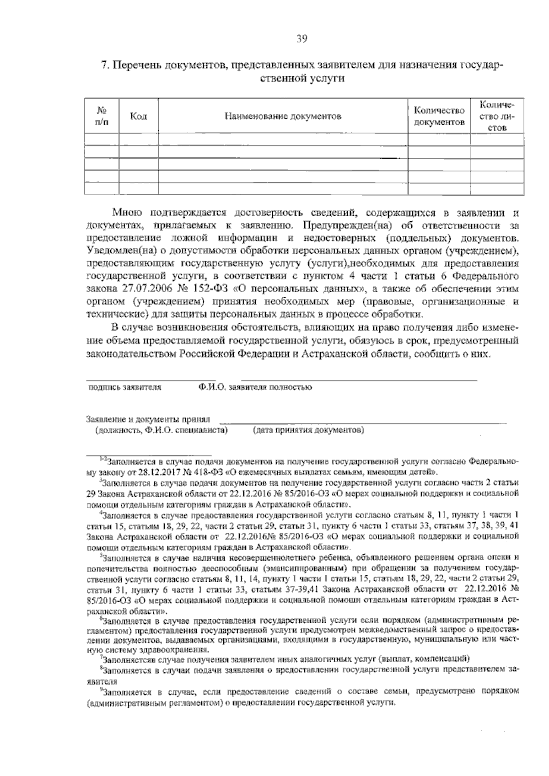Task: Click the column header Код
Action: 138,116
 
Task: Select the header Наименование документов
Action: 283,116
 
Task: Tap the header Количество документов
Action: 439,116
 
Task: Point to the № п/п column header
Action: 102,116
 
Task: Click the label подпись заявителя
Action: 124,387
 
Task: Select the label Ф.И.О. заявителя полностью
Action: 255,387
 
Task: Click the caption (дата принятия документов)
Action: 308,430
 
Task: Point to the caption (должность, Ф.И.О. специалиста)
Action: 161,430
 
